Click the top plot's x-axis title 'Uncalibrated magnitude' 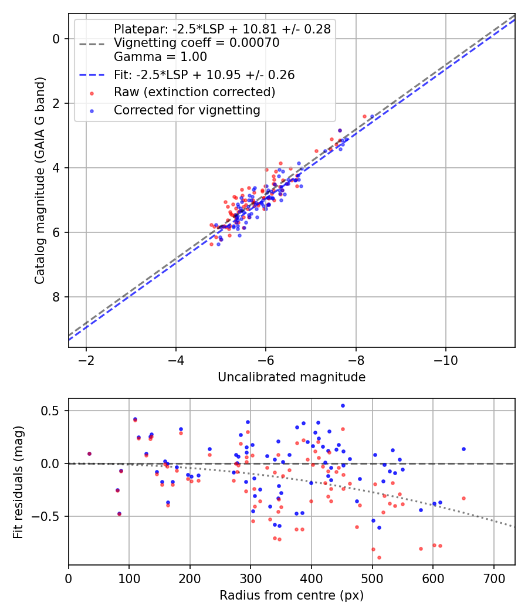[292, 377]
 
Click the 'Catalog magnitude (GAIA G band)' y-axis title [39, 181]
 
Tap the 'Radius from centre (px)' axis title [292, 595]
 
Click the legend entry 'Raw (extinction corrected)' [194, 92]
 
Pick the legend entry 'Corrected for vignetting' [187, 110]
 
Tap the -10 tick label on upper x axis [445, 359]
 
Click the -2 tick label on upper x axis [86, 359]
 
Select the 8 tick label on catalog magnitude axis [57, 297]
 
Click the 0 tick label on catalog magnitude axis [57, 39]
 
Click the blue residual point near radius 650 [463, 449]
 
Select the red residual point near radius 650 [463, 498]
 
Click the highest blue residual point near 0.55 [343, 405]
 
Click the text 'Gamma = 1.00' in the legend [160, 57]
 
